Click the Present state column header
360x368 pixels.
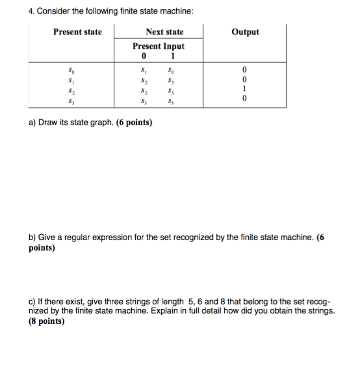click(77, 32)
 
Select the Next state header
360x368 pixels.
click(164, 32)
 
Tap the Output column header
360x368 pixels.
click(245, 32)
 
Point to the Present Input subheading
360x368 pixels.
click(158, 46)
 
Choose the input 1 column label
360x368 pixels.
click(172, 55)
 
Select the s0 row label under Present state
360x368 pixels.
click(72, 71)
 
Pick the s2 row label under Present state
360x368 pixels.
click(72, 90)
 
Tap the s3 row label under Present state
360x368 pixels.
click(72, 100)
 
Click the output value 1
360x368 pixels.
click(244, 90)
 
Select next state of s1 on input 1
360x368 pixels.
click(172, 80)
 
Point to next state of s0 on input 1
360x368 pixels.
click(172, 71)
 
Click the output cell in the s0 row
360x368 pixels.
click(244, 71)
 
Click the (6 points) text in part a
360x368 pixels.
click(135, 121)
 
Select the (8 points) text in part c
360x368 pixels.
click(47, 321)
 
